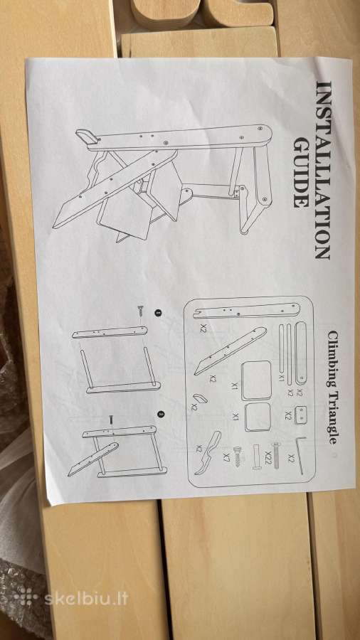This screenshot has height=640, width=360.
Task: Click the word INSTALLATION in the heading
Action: pyautogui.click(x=324, y=170)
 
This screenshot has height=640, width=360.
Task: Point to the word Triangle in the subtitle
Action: pyautogui.click(x=332, y=418)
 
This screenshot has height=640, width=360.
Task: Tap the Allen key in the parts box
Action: pyautogui.click(x=300, y=454)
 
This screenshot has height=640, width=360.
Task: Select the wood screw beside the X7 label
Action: pyautogui.click(x=238, y=456)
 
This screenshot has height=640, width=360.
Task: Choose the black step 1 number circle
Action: pyautogui.click(x=158, y=313)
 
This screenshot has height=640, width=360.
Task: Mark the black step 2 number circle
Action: pyautogui.click(x=162, y=415)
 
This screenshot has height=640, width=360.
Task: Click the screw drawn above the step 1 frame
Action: pyautogui.click(x=141, y=310)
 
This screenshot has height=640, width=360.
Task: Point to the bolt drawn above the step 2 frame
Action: pyautogui.click(x=110, y=420)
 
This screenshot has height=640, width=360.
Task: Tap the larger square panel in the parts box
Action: pyautogui.click(x=256, y=380)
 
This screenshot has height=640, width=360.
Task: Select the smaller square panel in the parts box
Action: pyautogui.click(x=258, y=417)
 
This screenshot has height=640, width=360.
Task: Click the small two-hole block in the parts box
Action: pyautogui.click(x=301, y=415)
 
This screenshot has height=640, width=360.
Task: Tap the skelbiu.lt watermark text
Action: pyautogui.click(x=86, y=599)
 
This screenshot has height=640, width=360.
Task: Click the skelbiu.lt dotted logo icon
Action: pyautogui.click(x=26, y=597)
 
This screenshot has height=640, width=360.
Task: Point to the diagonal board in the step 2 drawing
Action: pyautogui.click(x=93, y=459)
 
